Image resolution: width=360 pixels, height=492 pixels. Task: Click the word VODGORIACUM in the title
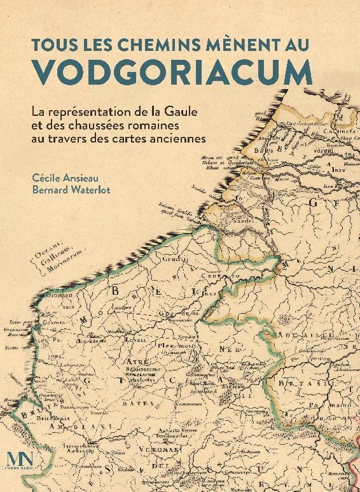point(180,71)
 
